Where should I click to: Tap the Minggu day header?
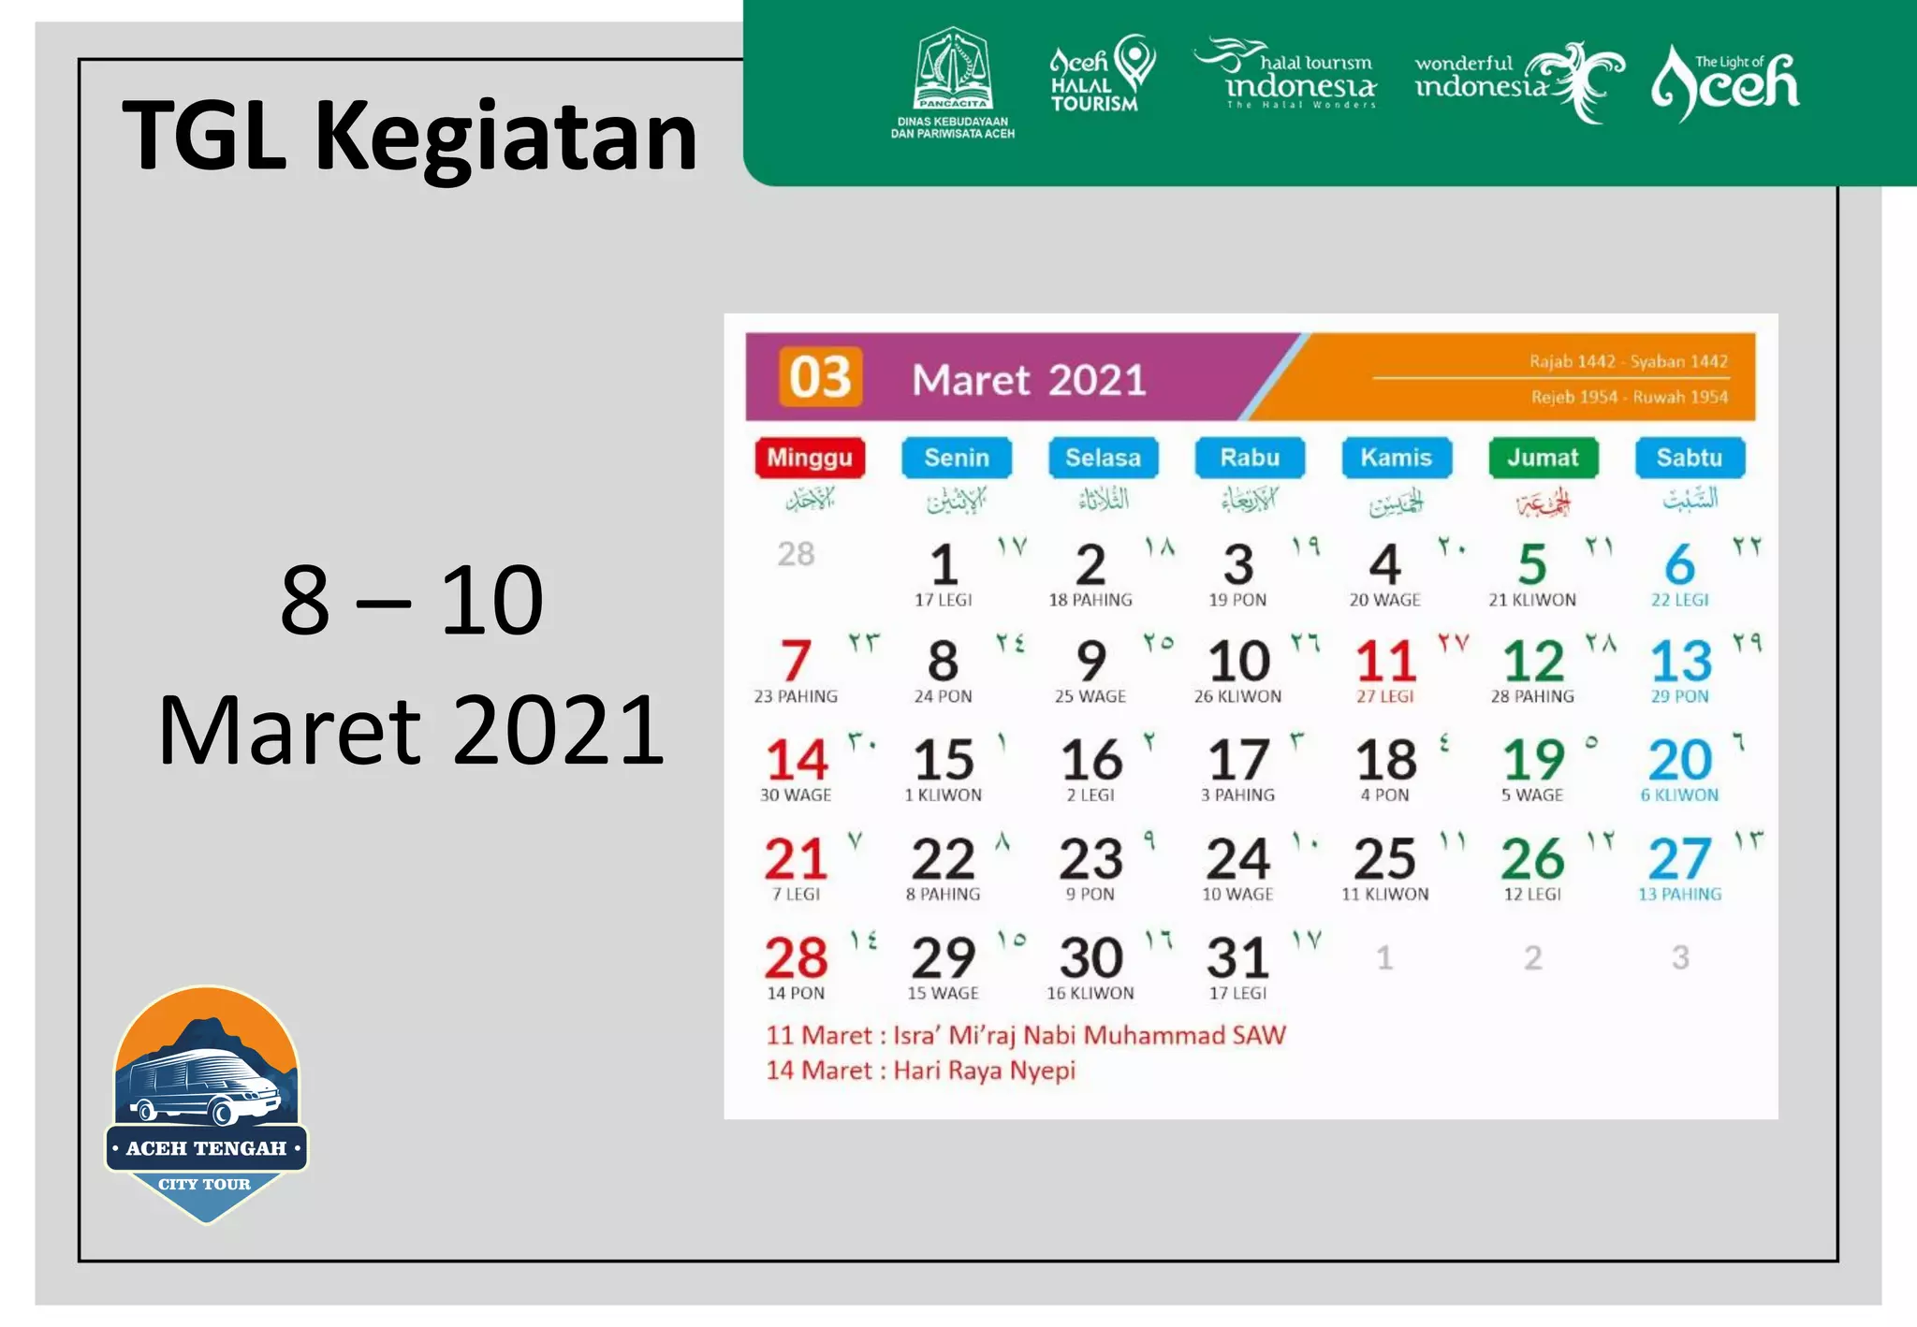click(810, 458)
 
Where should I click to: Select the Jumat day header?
click(1543, 458)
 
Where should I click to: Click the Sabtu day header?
click(1689, 458)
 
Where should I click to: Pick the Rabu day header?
click(1250, 458)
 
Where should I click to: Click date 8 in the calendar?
click(943, 661)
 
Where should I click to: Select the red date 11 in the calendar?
click(1385, 661)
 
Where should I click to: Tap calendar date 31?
click(1237, 957)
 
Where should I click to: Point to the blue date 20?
click(1680, 759)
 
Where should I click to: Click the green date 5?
click(1532, 564)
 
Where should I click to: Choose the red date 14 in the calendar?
click(797, 759)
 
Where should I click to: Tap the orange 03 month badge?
click(820, 377)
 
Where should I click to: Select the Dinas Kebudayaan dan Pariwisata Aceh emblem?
click(953, 82)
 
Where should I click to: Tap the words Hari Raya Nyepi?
click(984, 1071)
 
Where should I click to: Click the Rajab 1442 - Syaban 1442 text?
click(1628, 361)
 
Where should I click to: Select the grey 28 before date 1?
click(796, 554)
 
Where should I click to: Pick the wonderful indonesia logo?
click(1518, 82)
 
